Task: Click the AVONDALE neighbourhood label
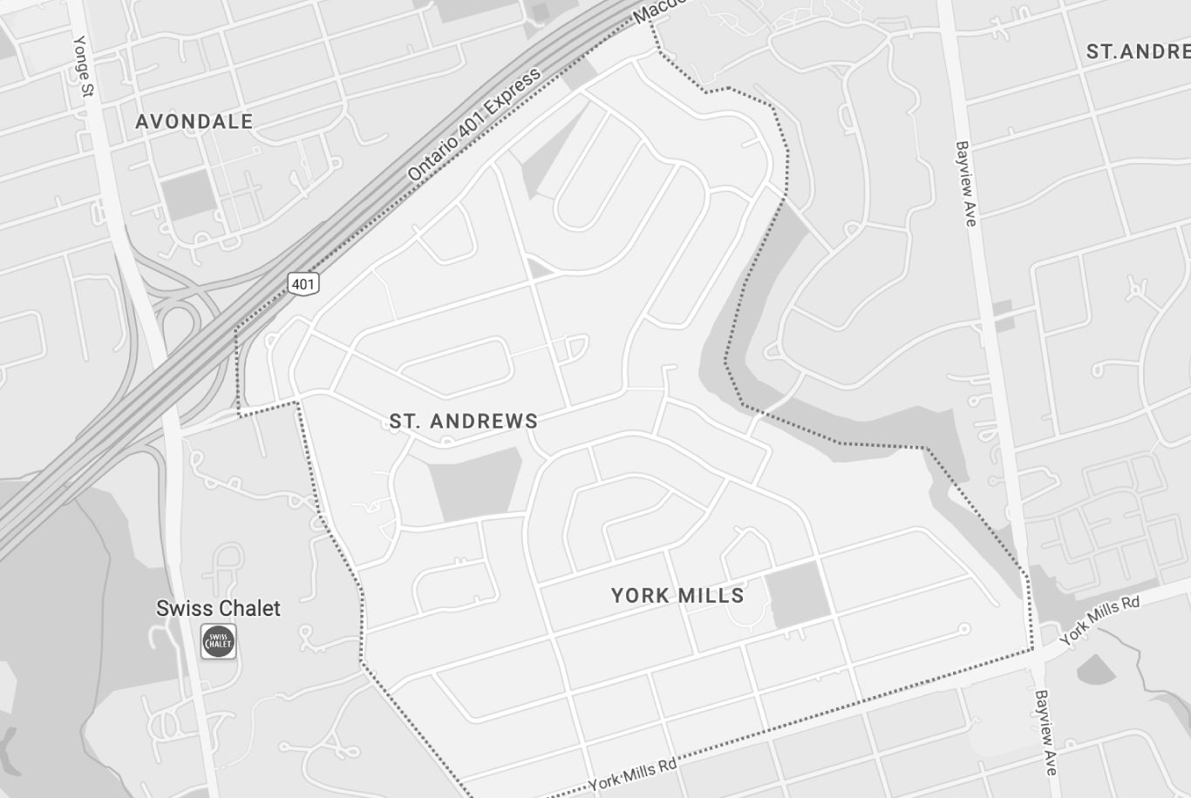click(x=194, y=122)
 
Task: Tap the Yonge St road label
click(x=85, y=65)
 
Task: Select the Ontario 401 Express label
click(x=475, y=124)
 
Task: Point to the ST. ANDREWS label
click(x=463, y=422)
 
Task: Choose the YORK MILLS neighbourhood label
click(x=677, y=596)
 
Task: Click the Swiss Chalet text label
click(x=218, y=608)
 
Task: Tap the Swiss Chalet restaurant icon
click(x=219, y=642)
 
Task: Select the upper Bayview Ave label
click(x=965, y=183)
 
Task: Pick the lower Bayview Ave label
click(x=1046, y=732)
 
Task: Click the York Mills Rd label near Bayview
click(x=1100, y=619)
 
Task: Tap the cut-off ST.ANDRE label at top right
click(x=1138, y=52)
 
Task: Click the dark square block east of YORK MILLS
click(x=797, y=594)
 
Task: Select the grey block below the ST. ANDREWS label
click(x=476, y=485)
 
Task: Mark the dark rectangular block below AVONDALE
click(x=188, y=194)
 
